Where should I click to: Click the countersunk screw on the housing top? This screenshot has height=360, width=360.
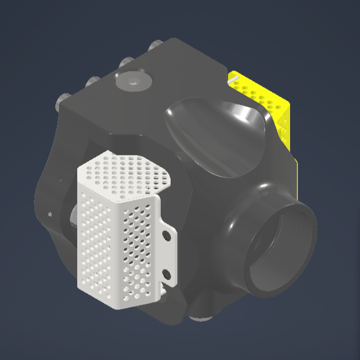point(133,81)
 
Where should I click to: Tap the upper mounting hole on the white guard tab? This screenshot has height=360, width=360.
point(167,235)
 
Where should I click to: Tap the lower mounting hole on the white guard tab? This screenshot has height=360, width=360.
point(167,273)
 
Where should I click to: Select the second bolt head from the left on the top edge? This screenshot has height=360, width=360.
point(92,81)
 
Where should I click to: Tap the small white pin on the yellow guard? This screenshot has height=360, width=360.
point(233,79)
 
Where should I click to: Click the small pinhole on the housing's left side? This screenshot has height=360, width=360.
point(50,213)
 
